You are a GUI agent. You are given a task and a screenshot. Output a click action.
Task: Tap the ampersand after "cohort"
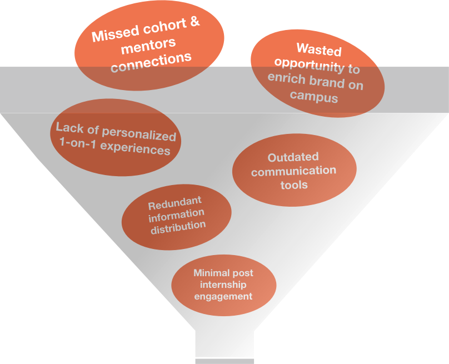194,23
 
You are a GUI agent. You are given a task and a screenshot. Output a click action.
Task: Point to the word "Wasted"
318,51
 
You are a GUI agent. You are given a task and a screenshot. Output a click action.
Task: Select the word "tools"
294,185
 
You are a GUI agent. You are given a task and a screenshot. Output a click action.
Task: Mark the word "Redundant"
174,202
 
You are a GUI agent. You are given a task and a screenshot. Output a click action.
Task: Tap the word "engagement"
223,296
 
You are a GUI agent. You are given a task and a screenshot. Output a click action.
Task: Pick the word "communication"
293,171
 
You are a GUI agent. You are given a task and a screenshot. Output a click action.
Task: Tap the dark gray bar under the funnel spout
225,361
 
